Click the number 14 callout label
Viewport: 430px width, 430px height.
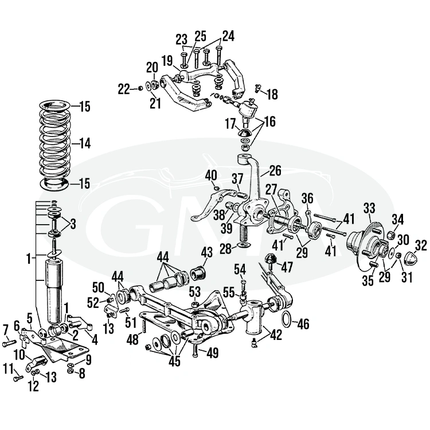[x=84, y=143]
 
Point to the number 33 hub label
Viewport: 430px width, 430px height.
[x=369, y=207]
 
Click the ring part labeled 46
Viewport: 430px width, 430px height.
[x=288, y=319]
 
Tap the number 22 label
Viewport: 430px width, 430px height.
[x=123, y=89]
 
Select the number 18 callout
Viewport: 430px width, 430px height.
[x=272, y=94]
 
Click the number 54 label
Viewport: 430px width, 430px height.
[x=240, y=269]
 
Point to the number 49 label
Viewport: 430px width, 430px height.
[x=212, y=353]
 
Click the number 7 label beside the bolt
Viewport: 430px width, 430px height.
[x=6, y=329]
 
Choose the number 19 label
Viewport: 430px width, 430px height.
[x=167, y=60]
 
